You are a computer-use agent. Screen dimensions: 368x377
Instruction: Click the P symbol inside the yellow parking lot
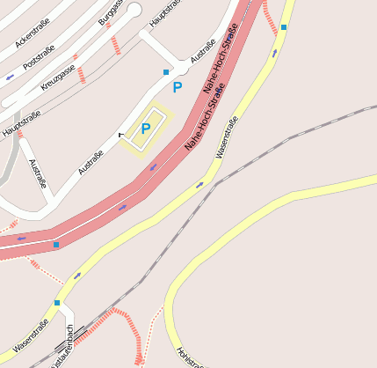coord(146,128)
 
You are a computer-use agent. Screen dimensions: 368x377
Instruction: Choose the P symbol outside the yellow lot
coord(177,87)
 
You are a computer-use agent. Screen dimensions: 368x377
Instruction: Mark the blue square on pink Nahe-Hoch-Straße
coord(56,244)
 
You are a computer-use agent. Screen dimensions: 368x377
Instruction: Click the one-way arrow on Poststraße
coord(11,77)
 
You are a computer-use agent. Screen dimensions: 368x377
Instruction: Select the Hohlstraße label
coord(190,357)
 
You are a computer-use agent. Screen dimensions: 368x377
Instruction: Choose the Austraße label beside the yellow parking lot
coord(91,162)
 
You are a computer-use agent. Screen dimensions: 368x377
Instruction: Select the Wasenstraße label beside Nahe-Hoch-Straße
coord(227,136)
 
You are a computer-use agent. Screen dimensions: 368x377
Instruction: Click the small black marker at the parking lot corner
coord(120,135)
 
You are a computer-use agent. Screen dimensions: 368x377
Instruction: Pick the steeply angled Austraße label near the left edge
coord(38,173)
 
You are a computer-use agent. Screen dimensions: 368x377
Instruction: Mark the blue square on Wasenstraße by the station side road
coord(57,303)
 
